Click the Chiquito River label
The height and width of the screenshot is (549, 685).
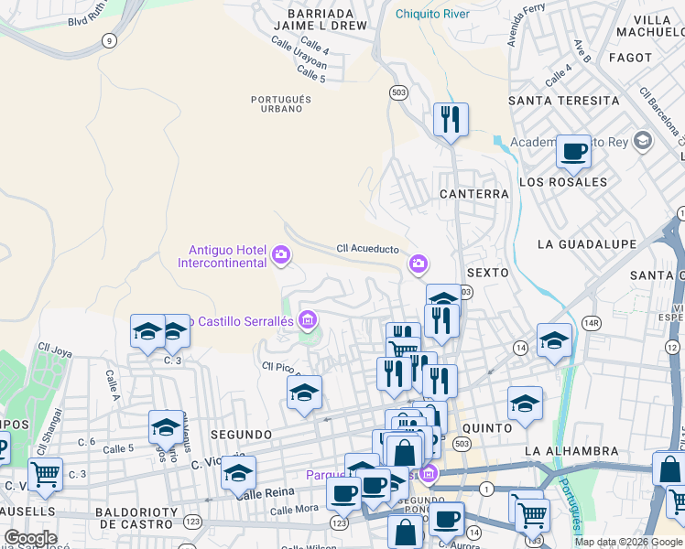432,14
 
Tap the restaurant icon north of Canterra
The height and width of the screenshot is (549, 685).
451,120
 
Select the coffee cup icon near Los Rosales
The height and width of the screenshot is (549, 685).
573,151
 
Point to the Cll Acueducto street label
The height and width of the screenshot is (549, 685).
367,248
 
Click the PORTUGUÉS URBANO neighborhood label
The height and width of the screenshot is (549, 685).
281,103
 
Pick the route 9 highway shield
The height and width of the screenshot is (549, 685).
110,39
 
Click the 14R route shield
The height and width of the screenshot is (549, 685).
593,323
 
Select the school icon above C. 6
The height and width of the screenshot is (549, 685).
166,427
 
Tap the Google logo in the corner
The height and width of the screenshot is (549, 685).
30,538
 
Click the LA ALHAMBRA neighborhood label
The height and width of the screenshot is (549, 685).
571,451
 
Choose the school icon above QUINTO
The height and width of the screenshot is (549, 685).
525,403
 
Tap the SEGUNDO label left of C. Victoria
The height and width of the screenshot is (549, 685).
241,434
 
